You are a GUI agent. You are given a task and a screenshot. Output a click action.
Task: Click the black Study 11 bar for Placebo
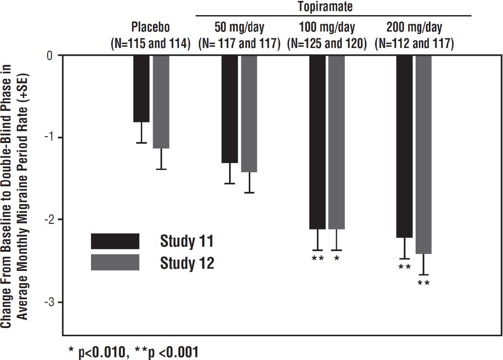(141, 89)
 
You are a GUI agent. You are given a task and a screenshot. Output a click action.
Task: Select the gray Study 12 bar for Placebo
(161, 101)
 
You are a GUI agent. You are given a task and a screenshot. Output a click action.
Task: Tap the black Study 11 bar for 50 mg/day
(230, 109)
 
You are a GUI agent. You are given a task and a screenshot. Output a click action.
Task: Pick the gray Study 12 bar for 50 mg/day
(249, 113)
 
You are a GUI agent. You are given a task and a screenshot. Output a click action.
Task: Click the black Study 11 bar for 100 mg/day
(317, 142)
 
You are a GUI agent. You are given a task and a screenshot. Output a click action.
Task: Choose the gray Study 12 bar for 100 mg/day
(337, 142)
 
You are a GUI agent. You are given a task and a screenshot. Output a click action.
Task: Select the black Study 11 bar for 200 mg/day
(404, 146)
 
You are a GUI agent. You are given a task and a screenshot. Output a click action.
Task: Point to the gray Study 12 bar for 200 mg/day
(423, 154)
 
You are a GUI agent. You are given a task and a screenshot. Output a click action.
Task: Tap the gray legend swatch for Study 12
(115, 262)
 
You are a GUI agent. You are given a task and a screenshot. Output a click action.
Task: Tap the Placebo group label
(150, 27)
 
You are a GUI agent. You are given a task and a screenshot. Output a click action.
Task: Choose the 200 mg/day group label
(414, 27)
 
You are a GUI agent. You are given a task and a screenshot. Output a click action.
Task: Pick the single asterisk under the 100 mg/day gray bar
(337, 259)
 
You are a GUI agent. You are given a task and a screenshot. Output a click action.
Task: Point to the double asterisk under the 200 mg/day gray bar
(423, 283)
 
